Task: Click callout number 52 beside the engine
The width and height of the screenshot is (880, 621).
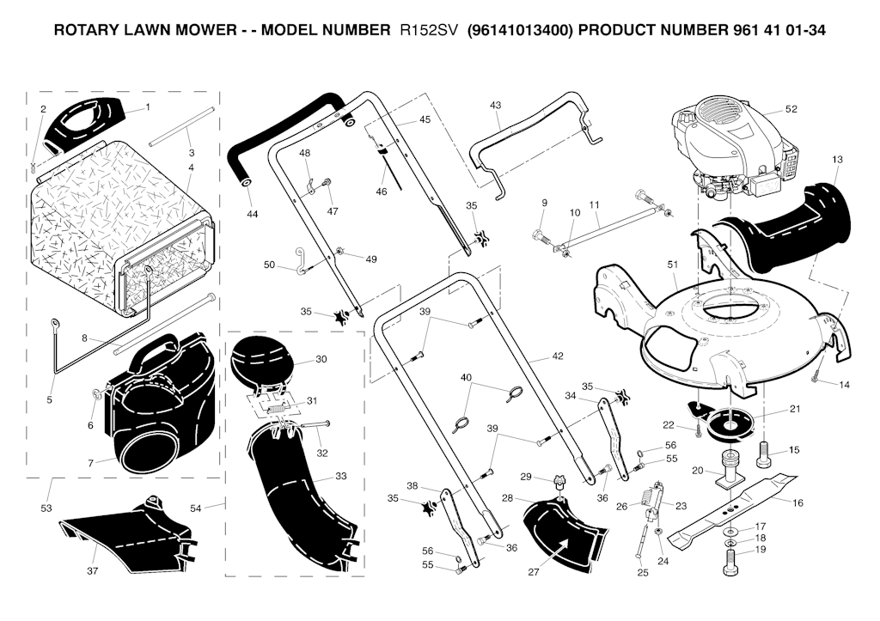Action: (791, 109)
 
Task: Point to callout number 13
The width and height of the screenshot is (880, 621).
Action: (837, 159)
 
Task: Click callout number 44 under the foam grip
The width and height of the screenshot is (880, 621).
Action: (252, 213)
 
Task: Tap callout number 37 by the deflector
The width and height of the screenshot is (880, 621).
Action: (92, 570)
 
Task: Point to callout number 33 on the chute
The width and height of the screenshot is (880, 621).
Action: (341, 475)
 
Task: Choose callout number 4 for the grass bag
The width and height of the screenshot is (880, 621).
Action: (191, 167)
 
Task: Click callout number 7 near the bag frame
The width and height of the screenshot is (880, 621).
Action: (89, 462)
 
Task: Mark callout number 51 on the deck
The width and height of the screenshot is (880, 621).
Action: (671, 265)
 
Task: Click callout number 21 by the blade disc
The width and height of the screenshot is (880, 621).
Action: (795, 409)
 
